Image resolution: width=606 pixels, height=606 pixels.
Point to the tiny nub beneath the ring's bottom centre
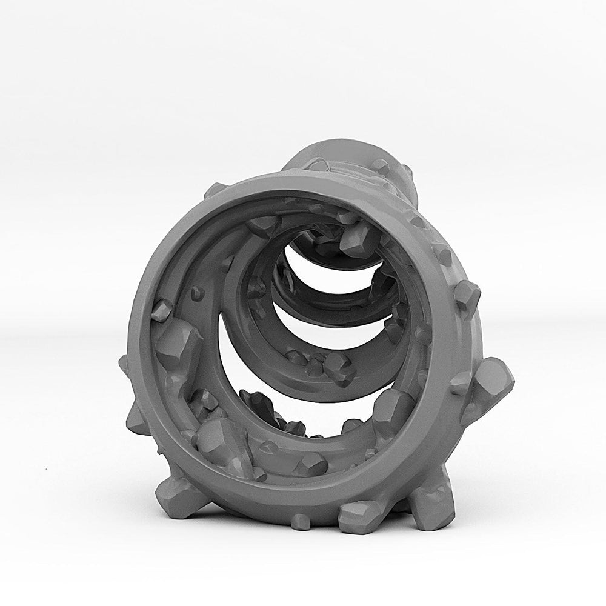300,519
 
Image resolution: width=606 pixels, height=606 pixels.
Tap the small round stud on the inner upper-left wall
196,293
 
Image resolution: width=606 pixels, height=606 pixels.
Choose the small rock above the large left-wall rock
161,310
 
